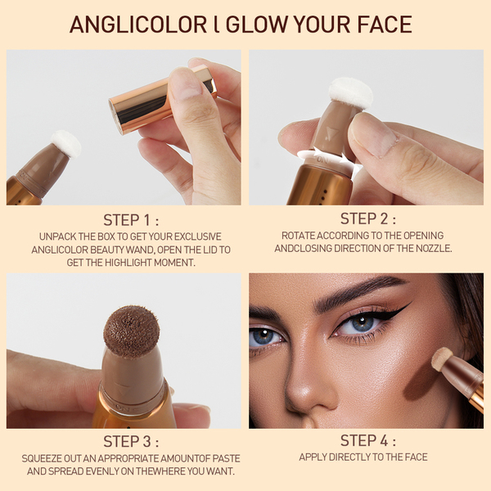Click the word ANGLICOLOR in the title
(x=138, y=25)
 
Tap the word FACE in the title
(x=385, y=25)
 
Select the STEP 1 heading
(x=131, y=220)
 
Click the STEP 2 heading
(x=368, y=218)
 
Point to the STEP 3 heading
(x=131, y=442)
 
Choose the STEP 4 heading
(x=368, y=440)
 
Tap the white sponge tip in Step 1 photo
(x=66, y=144)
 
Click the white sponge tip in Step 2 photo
(x=351, y=93)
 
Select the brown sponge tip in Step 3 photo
(x=132, y=332)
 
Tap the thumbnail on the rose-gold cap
(x=184, y=83)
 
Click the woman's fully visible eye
(x=360, y=324)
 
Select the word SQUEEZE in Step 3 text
(x=42, y=458)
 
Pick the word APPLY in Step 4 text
(x=313, y=457)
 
